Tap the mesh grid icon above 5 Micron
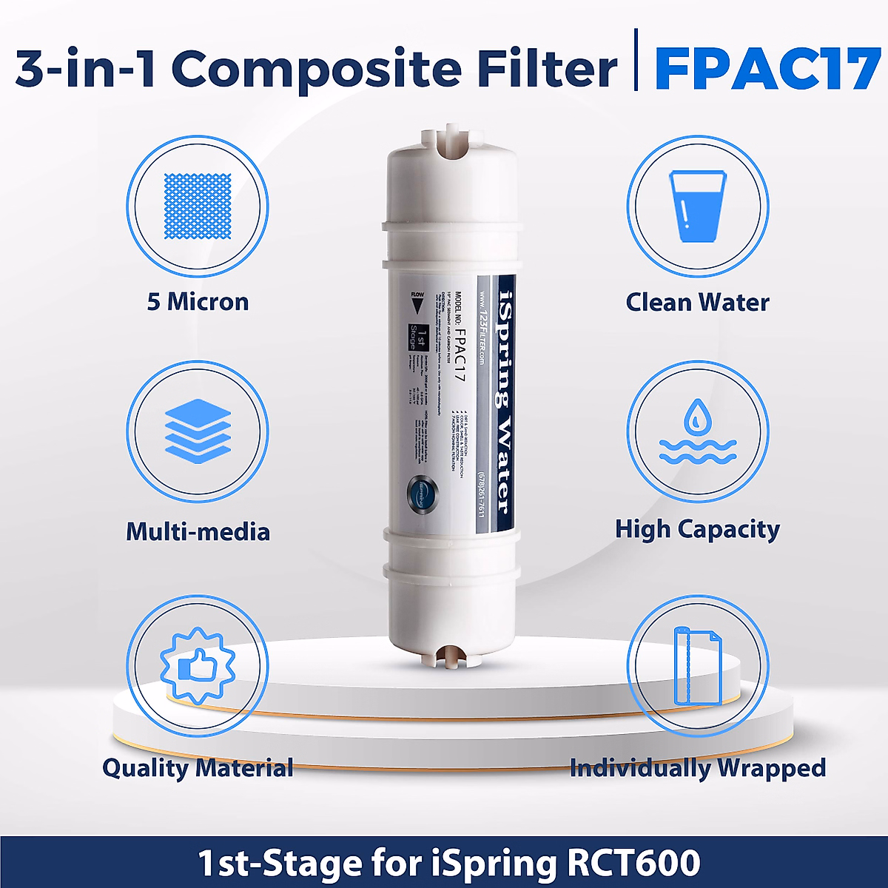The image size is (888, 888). click(x=198, y=206)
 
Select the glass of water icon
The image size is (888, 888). click(x=697, y=206)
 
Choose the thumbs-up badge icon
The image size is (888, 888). click(x=198, y=666)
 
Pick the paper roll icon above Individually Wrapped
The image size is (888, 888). click(x=697, y=666)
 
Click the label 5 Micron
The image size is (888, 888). click(x=198, y=302)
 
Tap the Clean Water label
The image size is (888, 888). click(x=697, y=302)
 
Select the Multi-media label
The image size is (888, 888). click(x=198, y=531)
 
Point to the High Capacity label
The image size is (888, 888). click(x=697, y=529)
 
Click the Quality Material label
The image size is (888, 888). click(x=198, y=768)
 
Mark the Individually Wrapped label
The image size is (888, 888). click(x=697, y=768)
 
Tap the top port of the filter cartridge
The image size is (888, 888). click(x=445, y=144)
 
